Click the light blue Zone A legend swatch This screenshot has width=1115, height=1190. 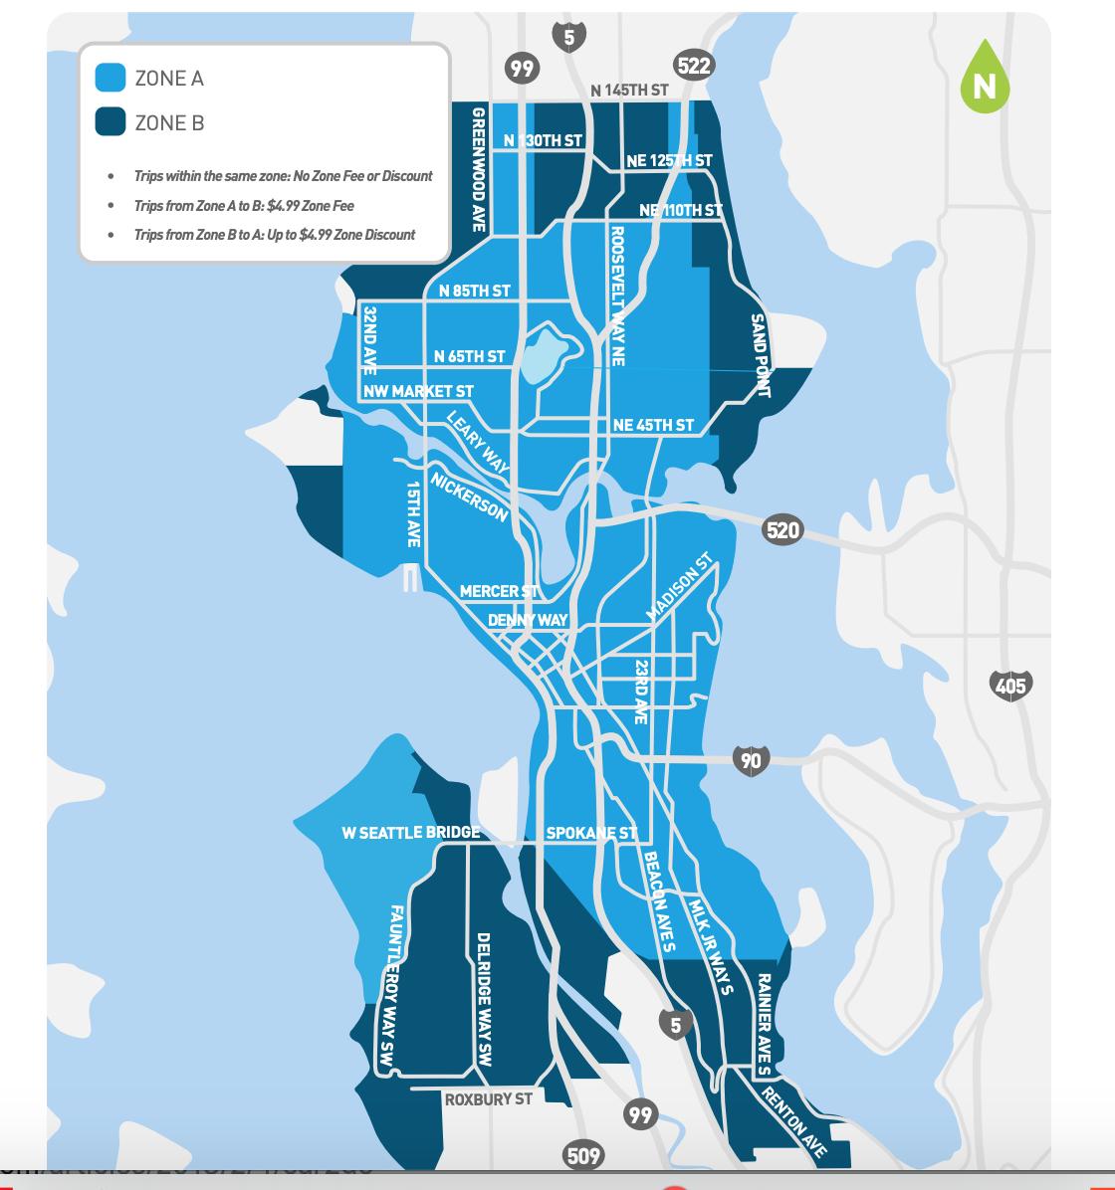pos(110,78)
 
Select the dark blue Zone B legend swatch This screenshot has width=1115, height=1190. pos(110,122)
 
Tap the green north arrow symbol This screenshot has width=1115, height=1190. pos(985,78)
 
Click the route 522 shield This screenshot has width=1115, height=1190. pos(693,66)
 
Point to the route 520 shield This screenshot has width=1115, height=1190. pos(782,529)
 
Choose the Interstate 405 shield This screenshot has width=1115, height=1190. pos(1010,685)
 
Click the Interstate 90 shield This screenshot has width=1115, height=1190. pos(751,761)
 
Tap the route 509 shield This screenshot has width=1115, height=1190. pos(583,1155)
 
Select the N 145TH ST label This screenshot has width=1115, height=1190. pos(629,91)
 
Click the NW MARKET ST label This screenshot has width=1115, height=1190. pos(418,392)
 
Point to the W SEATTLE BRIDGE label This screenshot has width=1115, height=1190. pos(410,832)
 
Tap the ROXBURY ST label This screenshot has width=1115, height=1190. pos(488,1099)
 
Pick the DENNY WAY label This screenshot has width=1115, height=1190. pos(528,620)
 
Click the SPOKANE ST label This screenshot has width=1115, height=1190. pos(591,833)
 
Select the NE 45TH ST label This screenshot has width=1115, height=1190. pos(653,425)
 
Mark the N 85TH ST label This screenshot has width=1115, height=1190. pos(474,291)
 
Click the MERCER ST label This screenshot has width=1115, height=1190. pos(499,591)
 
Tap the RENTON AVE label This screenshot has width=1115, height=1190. pos(793,1123)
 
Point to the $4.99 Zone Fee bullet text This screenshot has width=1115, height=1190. pos(244,206)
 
